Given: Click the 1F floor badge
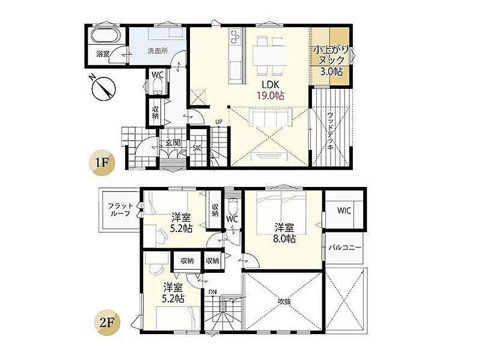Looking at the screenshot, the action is point(102,163).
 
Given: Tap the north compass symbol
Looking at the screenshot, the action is point(103,87).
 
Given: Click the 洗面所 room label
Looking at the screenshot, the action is point(158,51).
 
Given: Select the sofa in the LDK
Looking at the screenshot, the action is point(270,117).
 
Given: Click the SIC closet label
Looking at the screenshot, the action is point(197,148).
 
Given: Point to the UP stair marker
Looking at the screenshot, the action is point(218,122).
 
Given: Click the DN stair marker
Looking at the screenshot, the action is point(213,291).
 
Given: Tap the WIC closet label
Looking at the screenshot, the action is point(344,211).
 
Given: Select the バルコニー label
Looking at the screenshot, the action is point(345,248).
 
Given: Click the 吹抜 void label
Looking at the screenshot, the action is point(284,302).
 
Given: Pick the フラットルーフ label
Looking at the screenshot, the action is point(121,210).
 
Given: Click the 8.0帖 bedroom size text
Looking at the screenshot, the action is point(284,239).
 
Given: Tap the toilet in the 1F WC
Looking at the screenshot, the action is point(157,85).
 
